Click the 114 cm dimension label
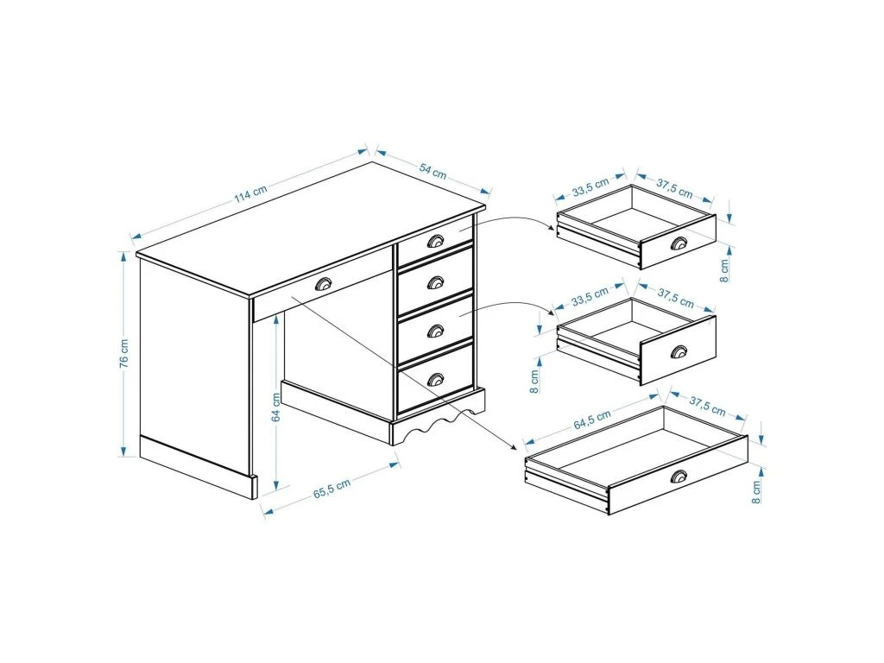251,193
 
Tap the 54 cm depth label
433,172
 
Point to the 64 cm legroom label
276,407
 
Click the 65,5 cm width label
332,488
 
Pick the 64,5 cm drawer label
592,420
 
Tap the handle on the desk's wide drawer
325,284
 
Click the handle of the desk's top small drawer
435,242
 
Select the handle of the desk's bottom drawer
435,380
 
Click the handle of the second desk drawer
435,282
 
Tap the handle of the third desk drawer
435,331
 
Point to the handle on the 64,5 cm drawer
679,477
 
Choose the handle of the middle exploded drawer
679,350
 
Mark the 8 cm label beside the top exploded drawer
724,270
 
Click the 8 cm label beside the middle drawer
534,381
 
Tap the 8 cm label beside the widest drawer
756,491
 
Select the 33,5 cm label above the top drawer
590,186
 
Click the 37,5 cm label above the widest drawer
707,406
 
